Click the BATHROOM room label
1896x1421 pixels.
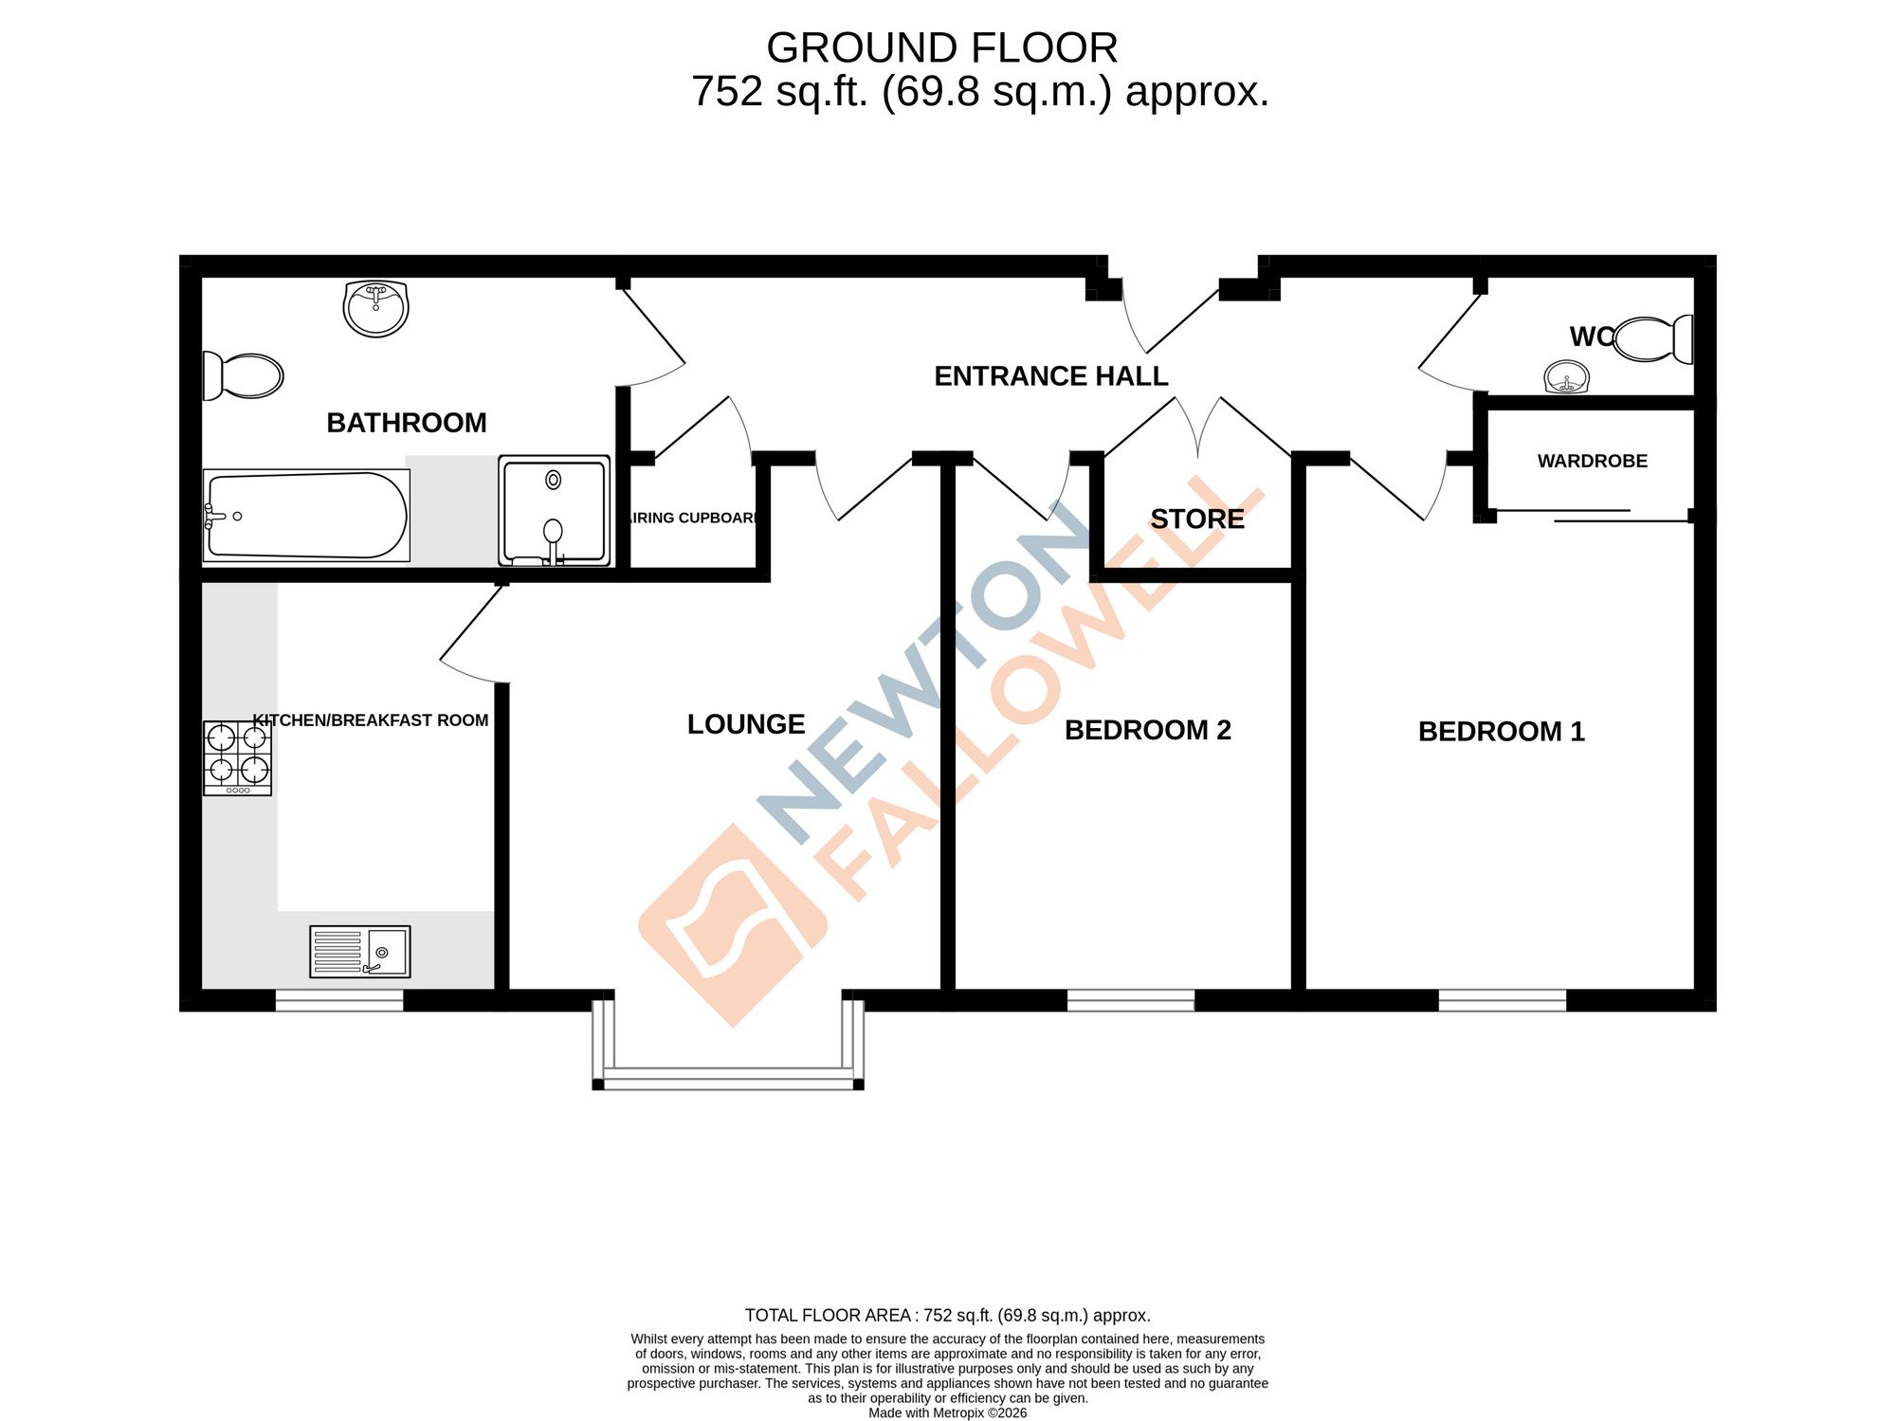(407, 423)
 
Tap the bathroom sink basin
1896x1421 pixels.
(376, 308)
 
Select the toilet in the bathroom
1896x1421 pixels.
(243, 376)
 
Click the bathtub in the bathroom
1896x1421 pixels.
(306, 516)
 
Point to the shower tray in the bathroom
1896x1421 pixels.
(555, 511)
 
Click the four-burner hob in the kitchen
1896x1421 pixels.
(238, 758)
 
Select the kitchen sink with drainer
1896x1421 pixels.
(360, 952)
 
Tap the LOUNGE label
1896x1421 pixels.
(746, 724)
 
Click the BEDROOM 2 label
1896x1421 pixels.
(1148, 730)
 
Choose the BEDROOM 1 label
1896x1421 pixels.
(1502, 732)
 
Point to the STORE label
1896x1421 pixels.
(1197, 519)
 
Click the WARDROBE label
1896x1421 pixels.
(1593, 462)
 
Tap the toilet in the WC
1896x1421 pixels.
(1652, 339)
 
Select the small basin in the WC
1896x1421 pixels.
(1567, 377)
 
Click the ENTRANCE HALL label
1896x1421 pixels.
(1051, 376)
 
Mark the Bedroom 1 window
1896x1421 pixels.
(1503, 1000)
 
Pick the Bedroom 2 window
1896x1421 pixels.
(1131, 1000)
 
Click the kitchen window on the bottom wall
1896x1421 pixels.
(339, 1000)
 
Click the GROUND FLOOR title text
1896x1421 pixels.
(942, 47)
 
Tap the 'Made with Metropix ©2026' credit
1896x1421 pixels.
(948, 1412)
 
